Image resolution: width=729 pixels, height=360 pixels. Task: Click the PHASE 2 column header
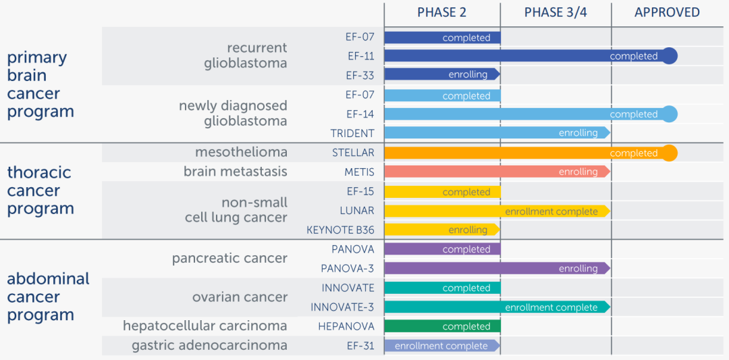441,12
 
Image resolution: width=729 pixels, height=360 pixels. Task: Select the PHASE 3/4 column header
556,12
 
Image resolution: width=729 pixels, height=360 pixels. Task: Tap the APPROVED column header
667,12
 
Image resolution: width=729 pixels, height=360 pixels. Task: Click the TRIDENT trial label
352,133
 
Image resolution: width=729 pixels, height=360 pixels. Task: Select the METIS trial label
359,172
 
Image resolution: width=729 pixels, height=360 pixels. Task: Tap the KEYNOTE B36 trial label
340,230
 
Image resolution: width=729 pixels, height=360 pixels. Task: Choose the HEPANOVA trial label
346,326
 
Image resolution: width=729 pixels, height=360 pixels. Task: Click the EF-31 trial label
360,345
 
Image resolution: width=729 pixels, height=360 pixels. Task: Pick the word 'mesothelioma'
241,152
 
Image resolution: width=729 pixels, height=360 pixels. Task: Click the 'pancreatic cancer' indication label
230,258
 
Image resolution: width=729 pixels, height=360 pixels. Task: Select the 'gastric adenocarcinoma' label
209,345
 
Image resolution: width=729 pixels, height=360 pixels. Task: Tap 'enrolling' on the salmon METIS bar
578,172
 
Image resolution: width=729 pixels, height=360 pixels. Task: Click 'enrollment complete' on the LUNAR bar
551,211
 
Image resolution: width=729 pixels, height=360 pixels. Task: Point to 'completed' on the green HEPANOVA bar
466,326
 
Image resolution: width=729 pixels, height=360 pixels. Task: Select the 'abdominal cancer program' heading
47,297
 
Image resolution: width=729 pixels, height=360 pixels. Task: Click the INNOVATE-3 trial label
342,307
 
